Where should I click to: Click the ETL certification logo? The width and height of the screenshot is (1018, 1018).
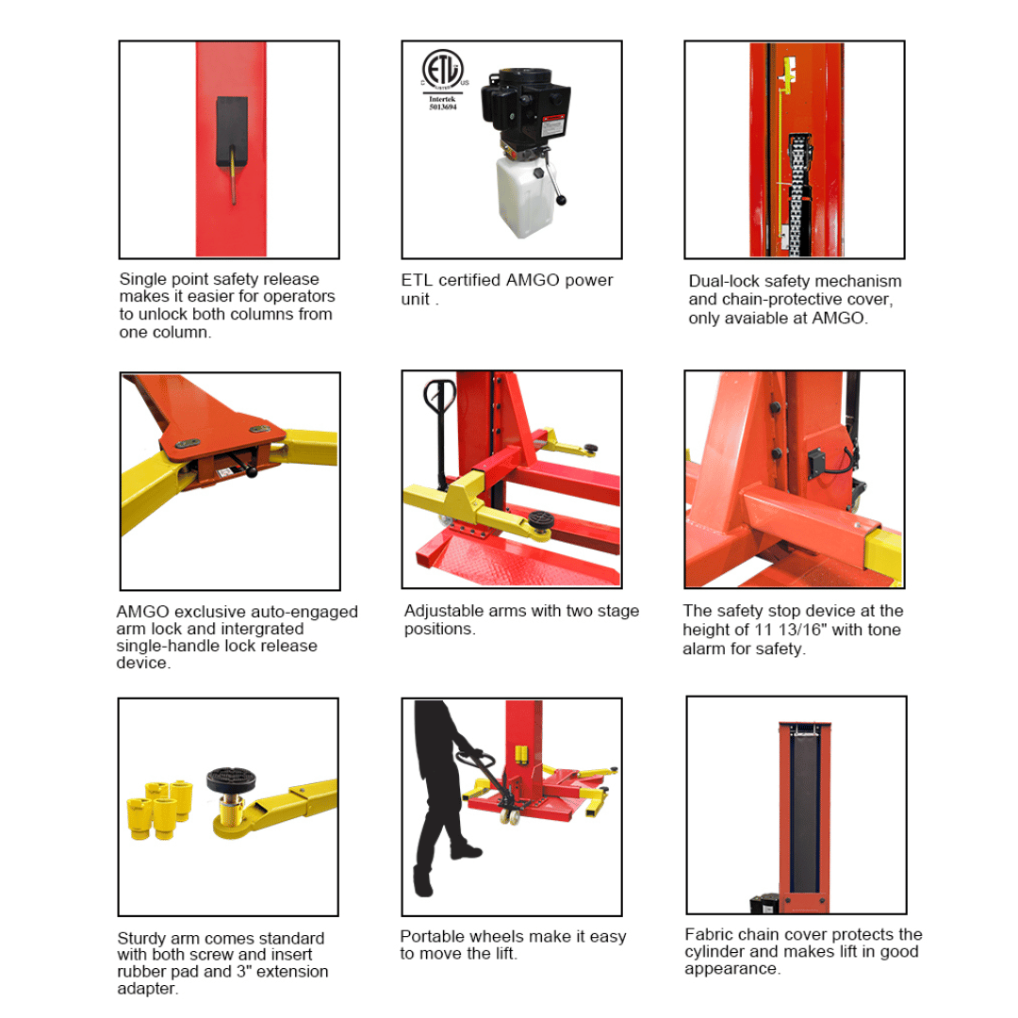pyautogui.click(x=442, y=69)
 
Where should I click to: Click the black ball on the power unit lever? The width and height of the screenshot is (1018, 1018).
pyautogui.click(x=562, y=200)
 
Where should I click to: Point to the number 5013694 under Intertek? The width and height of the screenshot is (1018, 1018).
pyautogui.click(x=443, y=107)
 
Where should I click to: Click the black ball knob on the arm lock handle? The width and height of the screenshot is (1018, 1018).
pyautogui.click(x=252, y=472)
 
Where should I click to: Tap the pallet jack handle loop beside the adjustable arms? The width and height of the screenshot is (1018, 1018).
pyautogui.click(x=439, y=394)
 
